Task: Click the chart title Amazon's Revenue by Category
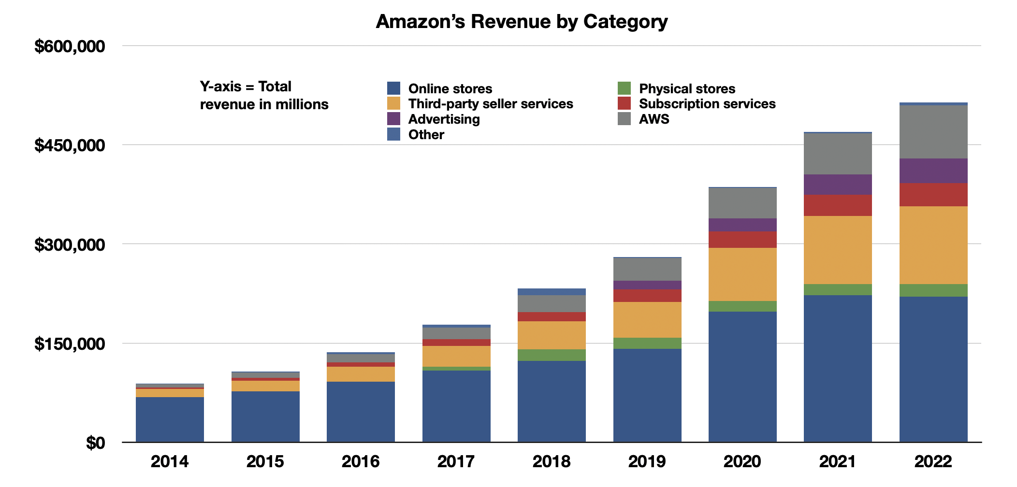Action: [x=522, y=22]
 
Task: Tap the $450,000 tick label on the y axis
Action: [x=70, y=145]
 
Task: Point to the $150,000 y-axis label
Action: [x=70, y=344]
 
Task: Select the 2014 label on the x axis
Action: [x=169, y=461]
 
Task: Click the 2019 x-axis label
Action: [x=647, y=461]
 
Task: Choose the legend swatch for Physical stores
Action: [x=624, y=88]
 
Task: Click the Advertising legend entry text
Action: [x=444, y=119]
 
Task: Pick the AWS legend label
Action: [x=654, y=119]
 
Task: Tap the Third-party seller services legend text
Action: [x=490, y=104]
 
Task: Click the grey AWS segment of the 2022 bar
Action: [x=933, y=131]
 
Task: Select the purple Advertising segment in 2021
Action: [x=838, y=185]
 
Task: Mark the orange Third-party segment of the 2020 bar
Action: [x=742, y=274]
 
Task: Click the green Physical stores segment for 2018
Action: [x=552, y=355]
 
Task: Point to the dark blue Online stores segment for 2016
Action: [x=361, y=412]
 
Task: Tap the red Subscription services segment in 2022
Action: [x=933, y=195]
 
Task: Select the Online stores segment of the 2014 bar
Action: [x=170, y=419]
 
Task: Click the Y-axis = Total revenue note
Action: [x=264, y=96]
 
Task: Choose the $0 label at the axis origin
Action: [x=95, y=443]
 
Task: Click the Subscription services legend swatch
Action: [x=624, y=103]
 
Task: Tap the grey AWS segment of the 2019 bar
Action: [x=647, y=269]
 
